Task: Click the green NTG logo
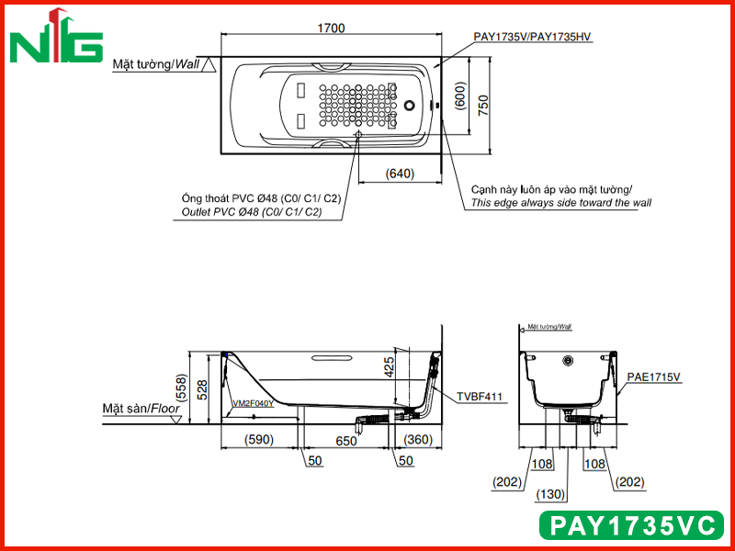pyautogui.click(x=56, y=37)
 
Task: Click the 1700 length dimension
pyautogui.click(x=331, y=28)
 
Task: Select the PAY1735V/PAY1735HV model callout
pyautogui.click(x=532, y=37)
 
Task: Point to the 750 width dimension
pyautogui.click(x=483, y=106)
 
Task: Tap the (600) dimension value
pyautogui.click(x=461, y=96)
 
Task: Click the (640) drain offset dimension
pyautogui.click(x=400, y=174)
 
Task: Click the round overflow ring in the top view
pyautogui.click(x=410, y=105)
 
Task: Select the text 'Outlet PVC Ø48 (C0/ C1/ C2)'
pyautogui.click(x=252, y=212)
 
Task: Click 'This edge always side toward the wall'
pyautogui.click(x=561, y=203)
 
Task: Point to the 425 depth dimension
pyautogui.click(x=389, y=367)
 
